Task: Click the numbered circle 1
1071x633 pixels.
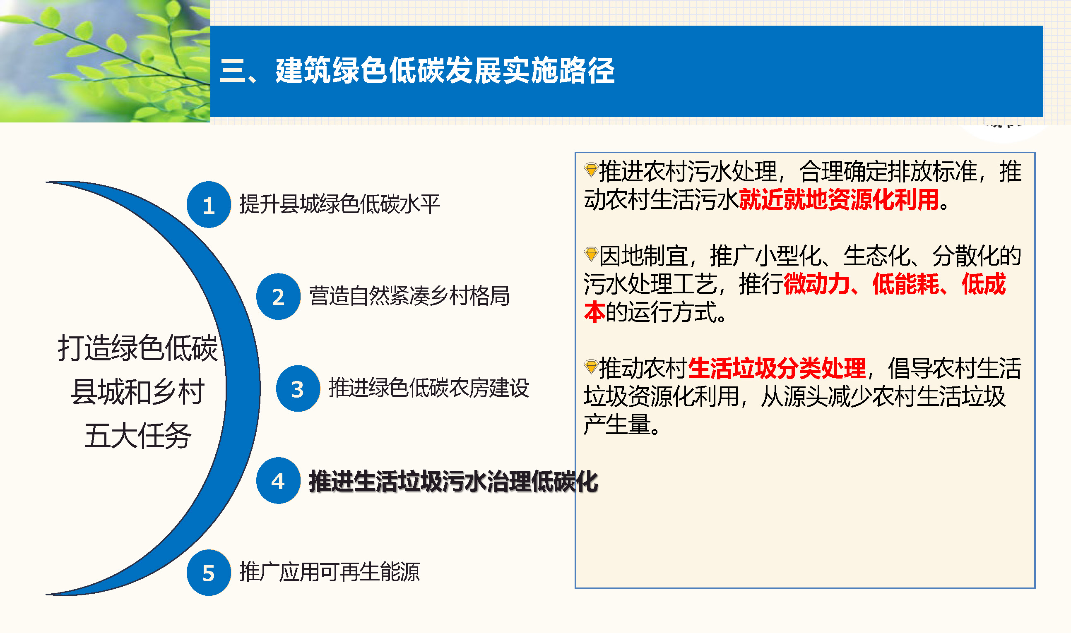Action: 209,205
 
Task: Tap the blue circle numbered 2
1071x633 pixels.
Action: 278,297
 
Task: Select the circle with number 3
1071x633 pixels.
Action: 298,388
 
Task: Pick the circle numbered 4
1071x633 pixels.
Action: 278,481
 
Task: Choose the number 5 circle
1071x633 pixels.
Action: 209,573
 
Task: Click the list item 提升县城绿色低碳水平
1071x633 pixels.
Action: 339,204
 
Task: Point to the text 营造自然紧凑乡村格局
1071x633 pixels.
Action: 409,295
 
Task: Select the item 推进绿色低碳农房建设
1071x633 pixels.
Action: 429,388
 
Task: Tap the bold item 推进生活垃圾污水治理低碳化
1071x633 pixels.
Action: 453,482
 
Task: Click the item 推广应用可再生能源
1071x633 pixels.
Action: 330,572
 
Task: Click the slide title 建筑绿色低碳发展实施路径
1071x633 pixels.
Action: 445,70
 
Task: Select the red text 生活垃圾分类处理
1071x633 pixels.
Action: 777,368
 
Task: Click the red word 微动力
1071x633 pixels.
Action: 817,284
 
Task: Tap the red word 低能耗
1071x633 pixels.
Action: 905,284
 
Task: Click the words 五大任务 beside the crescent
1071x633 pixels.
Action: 138,436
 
